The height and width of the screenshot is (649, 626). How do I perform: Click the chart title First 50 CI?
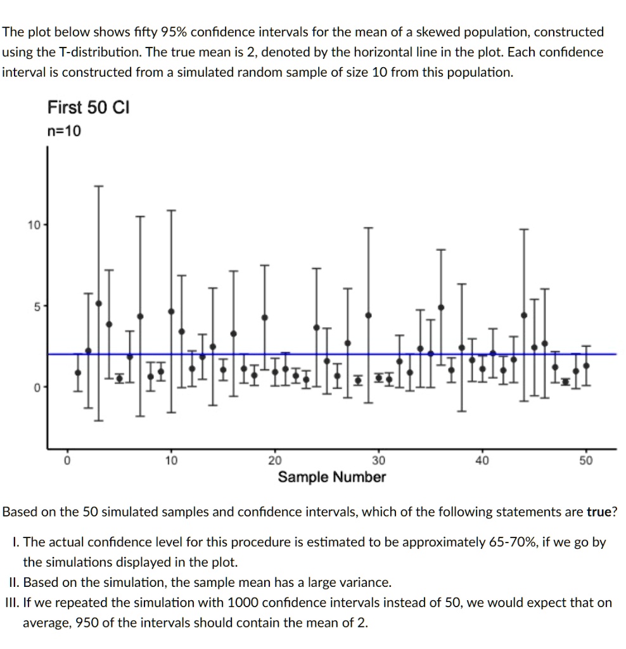tap(88, 108)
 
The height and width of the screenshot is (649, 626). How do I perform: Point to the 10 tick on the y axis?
tap(33, 225)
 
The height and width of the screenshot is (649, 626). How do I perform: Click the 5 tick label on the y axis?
tap(36, 305)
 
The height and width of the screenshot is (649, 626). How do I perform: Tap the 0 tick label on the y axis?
tap(36, 386)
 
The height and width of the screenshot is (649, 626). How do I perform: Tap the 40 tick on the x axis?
tap(482, 460)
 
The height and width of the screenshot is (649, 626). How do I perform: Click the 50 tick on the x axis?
tap(586, 460)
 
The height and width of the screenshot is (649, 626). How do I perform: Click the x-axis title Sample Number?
tap(331, 477)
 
